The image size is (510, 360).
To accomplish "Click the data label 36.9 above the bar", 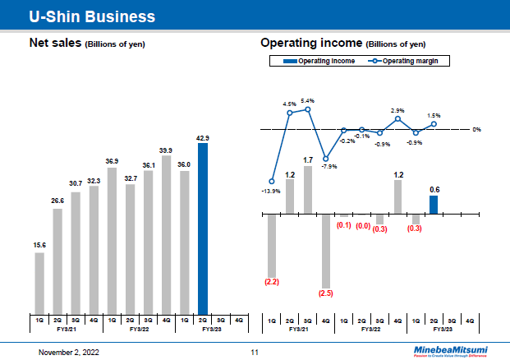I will [x=112, y=161].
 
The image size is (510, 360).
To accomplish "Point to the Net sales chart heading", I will [x=87, y=43].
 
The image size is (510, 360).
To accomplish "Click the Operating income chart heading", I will [x=342, y=43].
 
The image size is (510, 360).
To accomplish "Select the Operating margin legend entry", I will [x=408, y=62].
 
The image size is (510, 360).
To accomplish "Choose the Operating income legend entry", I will [x=319, y=62].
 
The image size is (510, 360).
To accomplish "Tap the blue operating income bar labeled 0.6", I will [x=434, y=204].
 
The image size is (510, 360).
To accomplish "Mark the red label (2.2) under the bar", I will [x=272, y=282].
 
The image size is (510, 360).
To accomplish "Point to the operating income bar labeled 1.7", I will [x=308, y=190].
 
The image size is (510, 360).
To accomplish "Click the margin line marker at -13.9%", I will [x=272, y=181].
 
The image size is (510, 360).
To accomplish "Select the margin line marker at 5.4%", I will [x=308, y=109].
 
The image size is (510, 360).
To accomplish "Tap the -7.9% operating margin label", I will [x=329, y=167].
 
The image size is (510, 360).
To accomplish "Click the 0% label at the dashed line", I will [x=476, y=130].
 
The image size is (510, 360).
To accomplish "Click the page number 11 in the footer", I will [x=255, y=352].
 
